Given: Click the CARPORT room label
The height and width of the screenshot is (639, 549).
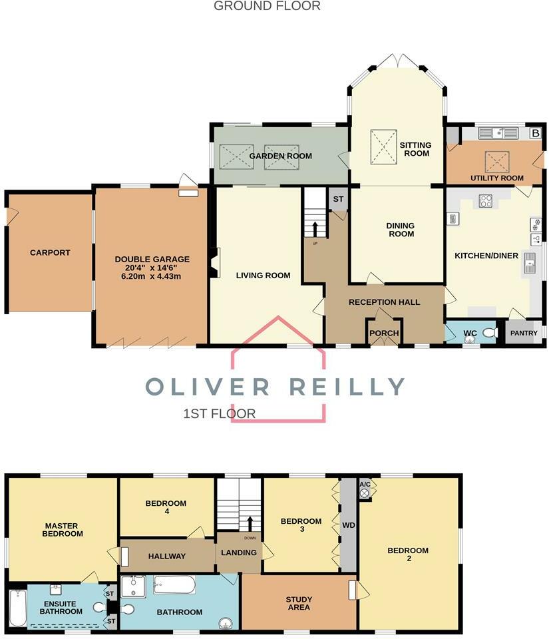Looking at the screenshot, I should [50, 253].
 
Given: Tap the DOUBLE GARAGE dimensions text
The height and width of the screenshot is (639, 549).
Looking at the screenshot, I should [152, 271].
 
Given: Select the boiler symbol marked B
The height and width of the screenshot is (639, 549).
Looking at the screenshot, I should [534, 132].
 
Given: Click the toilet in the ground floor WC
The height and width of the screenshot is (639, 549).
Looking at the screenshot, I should [490, 333].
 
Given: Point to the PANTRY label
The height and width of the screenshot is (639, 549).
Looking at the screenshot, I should [523, 333].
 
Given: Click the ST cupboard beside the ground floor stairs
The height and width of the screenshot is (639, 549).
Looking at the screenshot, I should [338, 199].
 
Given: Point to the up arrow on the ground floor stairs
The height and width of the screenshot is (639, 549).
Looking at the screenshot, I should [315, 228].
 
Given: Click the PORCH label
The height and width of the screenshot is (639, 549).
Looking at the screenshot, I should [384, 333].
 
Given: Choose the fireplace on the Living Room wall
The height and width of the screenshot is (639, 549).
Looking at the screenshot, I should [212, 262].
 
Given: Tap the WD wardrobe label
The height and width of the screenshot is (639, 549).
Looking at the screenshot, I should [349, 526].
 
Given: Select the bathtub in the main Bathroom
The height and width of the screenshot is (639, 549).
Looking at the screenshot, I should [174, 586].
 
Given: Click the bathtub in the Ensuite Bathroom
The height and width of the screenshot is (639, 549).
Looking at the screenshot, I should [17, 606].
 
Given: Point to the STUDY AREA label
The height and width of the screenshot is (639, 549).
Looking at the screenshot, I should [299, 603].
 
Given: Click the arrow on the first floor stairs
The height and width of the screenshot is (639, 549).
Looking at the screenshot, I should [250, 522].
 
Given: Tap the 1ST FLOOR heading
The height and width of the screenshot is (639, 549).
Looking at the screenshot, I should [220, 413].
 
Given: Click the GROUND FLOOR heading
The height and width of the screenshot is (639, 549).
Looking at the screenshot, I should [267, 6].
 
